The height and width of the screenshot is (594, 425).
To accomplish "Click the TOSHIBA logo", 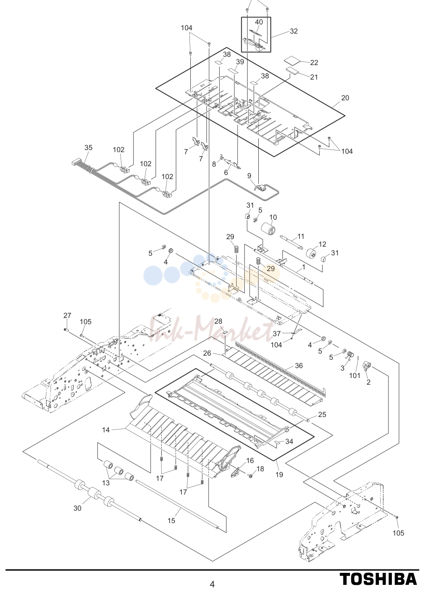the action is coord(378,579).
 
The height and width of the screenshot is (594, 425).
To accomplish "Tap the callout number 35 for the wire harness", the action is coord(88,148).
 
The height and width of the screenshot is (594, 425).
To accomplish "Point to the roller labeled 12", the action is coord(311,254).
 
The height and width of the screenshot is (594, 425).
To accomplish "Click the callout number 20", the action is coord(345,98).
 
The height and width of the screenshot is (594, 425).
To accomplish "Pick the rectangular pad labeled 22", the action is coord(294,60).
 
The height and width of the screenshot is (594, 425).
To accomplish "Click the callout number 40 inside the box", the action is coord(259,22).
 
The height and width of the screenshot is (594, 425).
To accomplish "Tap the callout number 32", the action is coord(294,31).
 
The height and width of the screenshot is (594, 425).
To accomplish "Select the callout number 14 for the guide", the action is coord(106,429).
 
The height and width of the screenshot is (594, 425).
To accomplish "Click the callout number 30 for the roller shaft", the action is coord(77,508).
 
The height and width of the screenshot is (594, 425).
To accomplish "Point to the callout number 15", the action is coord(171,521).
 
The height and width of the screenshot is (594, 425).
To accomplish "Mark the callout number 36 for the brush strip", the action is coord(299,366).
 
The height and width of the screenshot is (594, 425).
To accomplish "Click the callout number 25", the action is coord(322,415).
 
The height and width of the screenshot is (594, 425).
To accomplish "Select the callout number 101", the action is coord(355,376).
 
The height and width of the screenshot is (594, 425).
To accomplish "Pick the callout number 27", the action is coord(67,315).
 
